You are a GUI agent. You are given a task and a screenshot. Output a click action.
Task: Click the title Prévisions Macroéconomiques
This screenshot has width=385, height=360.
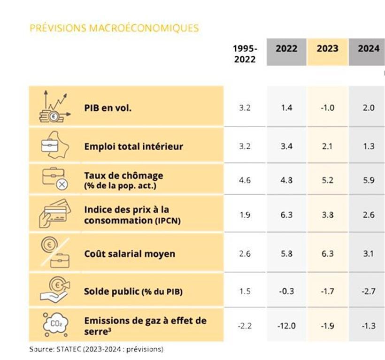114,28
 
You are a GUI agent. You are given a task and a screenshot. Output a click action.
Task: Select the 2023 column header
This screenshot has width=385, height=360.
327,49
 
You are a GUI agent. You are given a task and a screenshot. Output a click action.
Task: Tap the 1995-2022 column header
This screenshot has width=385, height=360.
245,54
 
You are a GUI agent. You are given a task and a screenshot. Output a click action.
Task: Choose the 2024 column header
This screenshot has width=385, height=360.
369,49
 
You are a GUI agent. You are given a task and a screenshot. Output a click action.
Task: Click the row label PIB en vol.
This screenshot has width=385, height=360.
108,107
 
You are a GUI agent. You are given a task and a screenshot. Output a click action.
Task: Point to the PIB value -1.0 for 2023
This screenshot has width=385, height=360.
327,108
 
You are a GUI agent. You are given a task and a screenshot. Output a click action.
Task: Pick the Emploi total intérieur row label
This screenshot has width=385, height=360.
133,146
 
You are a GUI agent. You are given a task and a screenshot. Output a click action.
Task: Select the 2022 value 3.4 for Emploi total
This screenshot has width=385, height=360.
286,146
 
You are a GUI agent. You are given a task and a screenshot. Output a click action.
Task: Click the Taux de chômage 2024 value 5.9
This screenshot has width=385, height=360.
369,181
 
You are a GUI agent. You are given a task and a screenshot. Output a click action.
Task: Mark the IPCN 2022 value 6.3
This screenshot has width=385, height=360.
286,215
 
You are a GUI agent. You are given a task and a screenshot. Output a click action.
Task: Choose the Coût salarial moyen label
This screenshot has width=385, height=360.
130,254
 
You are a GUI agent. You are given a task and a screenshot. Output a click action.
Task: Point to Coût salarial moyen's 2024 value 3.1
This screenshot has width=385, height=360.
369,254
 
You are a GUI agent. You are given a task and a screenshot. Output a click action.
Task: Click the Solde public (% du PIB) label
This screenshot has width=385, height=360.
133,291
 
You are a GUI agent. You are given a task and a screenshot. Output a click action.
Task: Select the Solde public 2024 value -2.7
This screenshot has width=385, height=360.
369,291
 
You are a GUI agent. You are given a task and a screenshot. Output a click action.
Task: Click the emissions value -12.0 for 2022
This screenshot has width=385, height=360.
286,326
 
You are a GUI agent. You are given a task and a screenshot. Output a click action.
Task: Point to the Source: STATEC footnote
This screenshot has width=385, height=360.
96,350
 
